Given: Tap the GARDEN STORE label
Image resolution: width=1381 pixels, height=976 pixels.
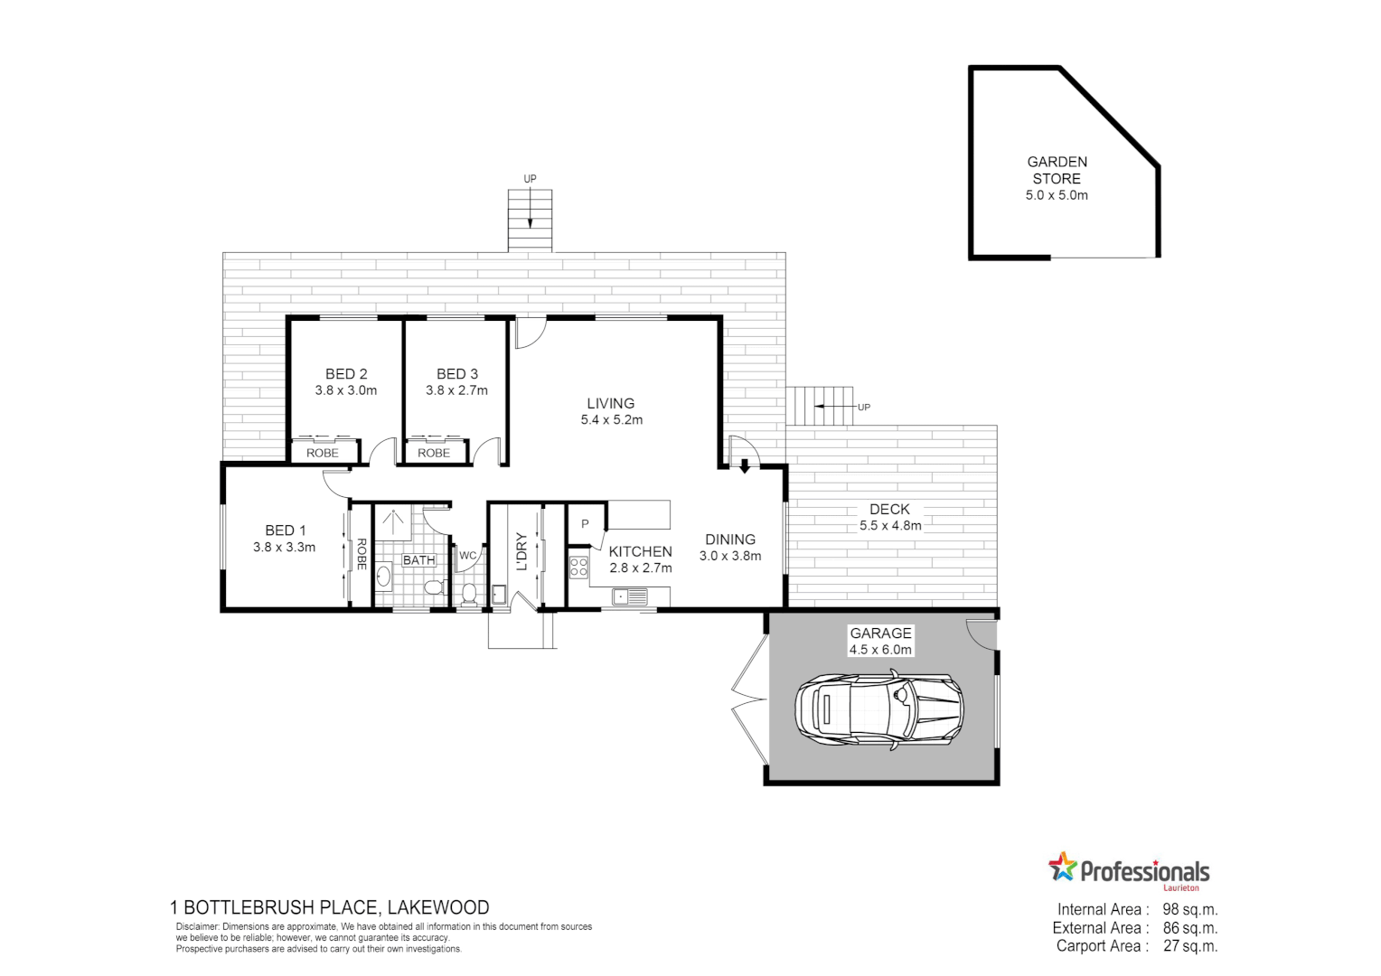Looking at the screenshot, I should click(x=1057, y=170).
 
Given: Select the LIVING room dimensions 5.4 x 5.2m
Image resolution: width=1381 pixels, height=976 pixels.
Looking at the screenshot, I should click(x=612, y=420).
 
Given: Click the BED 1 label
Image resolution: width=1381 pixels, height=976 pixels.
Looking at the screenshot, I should click(x=285, y=530).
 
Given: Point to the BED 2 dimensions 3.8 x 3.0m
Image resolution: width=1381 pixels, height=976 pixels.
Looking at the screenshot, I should click(x=345, y=390).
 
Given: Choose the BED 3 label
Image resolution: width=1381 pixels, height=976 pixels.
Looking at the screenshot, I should click(x=457, y=373).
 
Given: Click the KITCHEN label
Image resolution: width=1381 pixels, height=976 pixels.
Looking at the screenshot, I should click(x=640, y=551).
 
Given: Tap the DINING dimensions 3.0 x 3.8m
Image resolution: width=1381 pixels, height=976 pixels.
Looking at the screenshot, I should click(x=729, y=556).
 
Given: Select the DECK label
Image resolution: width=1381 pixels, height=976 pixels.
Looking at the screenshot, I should click(x=889, y=510).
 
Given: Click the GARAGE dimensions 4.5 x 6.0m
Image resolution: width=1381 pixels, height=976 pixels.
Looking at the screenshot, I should click(x=880, y=650).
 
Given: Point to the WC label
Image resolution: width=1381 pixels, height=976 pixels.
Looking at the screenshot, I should click(x=467, y=555).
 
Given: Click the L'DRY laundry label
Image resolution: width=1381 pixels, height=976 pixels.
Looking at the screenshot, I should click(x=521, y=552).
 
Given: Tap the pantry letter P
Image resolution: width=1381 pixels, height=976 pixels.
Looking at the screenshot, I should click(x=585, y=524).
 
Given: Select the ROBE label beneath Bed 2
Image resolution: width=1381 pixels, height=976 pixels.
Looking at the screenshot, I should click(x=323, y=453).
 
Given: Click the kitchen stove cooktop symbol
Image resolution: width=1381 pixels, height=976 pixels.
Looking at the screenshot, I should click(x=578, y=568).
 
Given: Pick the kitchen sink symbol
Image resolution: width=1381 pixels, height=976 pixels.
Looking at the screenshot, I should click(x=629, y=596).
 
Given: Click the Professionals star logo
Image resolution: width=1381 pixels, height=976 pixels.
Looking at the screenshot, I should click(x=1063, y=867).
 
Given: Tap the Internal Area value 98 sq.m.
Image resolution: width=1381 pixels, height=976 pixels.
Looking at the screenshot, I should click(x=1189, y=910).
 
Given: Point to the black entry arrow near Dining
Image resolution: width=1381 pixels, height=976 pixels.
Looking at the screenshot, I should click(x=745, y=466).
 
